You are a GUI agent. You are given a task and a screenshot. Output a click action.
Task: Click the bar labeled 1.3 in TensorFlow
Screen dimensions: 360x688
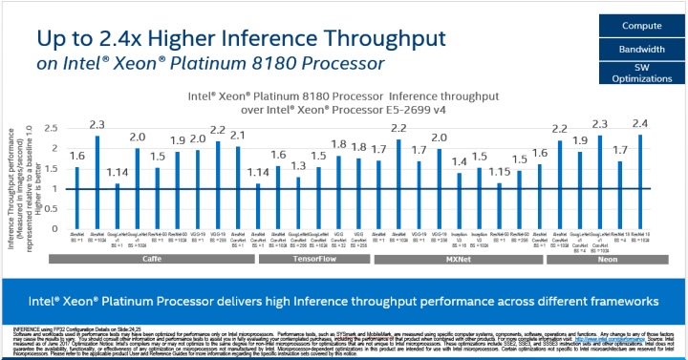pyautogui.click(x=297, y=201)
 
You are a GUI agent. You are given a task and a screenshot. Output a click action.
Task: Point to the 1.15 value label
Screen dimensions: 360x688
pyautogui.click(x=500, y=172)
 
